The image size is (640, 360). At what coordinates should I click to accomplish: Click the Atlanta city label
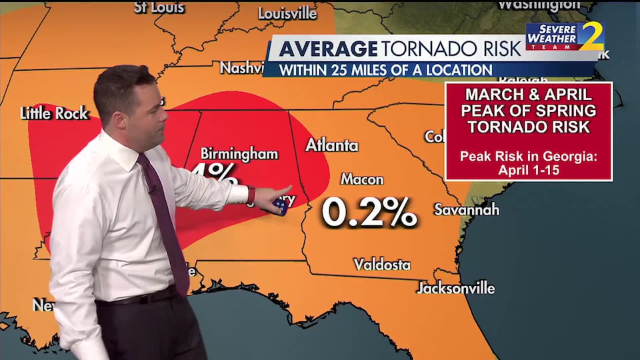pyautogui.click(x=331, y=145)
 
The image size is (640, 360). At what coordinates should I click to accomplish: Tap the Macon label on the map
pyautogui.click(x=362, y=179)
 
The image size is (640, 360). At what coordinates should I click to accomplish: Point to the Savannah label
pyautogui.click(x=466, y=209)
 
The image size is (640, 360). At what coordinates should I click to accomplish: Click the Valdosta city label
pyautogui.click(x=382, y=265)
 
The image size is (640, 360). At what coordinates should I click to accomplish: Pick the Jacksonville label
pyautogui.click(x=456, y=288)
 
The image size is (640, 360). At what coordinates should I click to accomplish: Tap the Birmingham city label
pyautogui.click(x=239, y=154)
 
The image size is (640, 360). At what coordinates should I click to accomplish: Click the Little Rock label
pyautogui.click(x=54, y=113)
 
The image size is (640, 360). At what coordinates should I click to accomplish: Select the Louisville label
pyautogui.click(x=287, y=13)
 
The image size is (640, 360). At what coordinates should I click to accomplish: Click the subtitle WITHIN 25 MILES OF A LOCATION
pyautogui.click(x=385, y=69)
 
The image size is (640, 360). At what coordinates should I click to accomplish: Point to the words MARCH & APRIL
pyautogui.click(x=528, y=94)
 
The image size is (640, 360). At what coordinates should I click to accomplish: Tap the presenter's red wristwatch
pyautogui.click(x=251, y=195)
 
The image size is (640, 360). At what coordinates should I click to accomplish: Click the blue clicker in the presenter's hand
pyautogui.click(x=280, y=206)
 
